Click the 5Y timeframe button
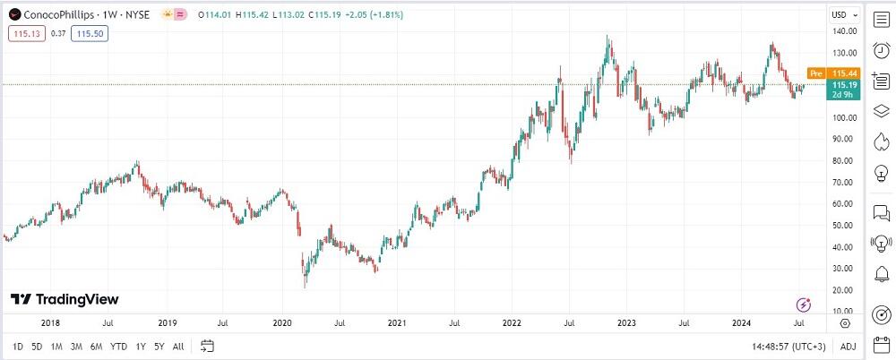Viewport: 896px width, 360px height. pos(159,346)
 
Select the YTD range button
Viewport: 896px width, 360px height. pos(118,346)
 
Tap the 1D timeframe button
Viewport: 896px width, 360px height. pos(18,346)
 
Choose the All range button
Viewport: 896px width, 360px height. pos(178,346)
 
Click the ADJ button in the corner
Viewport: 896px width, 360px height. pos(848,346)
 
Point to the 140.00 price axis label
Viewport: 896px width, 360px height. pos(841,31)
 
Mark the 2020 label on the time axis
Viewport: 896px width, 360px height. pos(282,321)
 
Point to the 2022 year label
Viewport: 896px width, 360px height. pos(513,321)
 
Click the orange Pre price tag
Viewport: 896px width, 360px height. pos(816,73)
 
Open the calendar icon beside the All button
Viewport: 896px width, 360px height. pos(207,346)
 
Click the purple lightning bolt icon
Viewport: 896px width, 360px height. pos(804,304)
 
